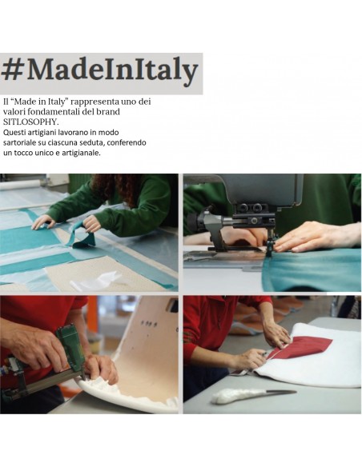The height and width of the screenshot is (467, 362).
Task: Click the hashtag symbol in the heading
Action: pyautogui.click(x=13, y=70)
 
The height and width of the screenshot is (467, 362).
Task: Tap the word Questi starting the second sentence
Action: pyautogui.click(x=16, y=133)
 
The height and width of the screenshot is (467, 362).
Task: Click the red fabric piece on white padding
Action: pyautogui.click(x=301, y=347)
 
